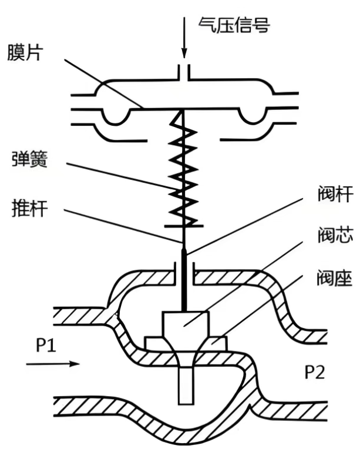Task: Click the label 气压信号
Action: pyautogui.click(x=234, y=26)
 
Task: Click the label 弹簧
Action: pyautogui.click(x=28, y=159)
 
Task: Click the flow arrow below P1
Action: pyautogui.click(x=52, y=364)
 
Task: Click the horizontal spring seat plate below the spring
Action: pyautogui.click(x=184, y=225)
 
